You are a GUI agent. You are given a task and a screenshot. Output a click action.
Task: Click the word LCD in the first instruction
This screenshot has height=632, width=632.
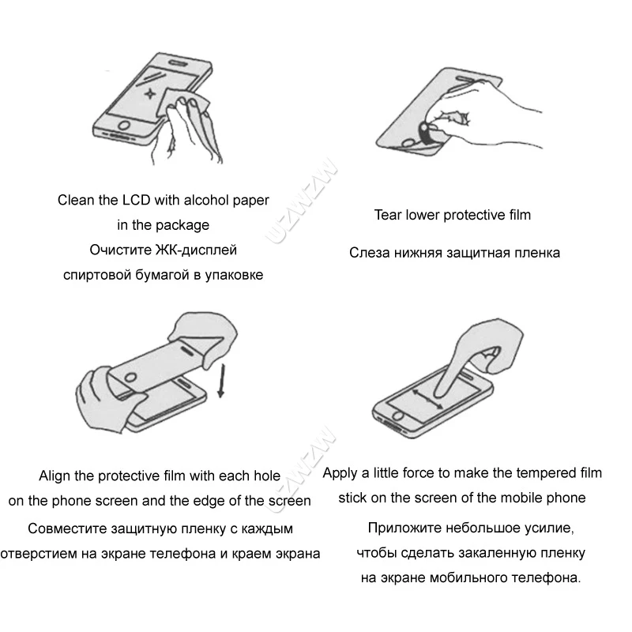click(134, 200)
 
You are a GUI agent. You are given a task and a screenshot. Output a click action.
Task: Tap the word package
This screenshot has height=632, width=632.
click(182, 225)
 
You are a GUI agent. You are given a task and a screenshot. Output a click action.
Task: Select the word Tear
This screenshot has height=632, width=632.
click(388, 214)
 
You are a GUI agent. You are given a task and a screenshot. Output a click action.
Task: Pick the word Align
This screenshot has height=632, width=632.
click(56, 476)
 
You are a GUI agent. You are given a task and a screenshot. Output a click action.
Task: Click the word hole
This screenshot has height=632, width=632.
click(265, 476)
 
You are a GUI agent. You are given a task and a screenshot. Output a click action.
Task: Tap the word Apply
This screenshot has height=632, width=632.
click(340, 473)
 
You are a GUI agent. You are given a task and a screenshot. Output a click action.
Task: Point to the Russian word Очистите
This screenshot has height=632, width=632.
click(121, 250)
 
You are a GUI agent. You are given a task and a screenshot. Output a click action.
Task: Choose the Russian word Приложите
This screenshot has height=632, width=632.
click(401, 527)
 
